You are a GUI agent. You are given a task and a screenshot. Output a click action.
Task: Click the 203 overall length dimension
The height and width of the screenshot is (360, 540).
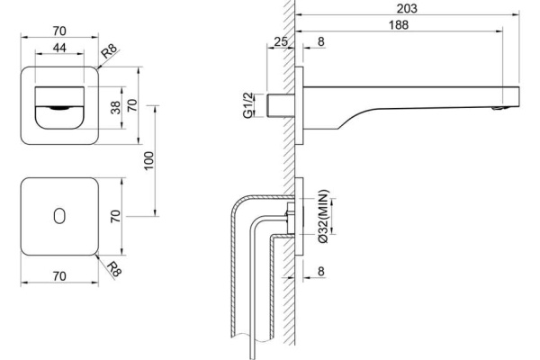click(407, 8)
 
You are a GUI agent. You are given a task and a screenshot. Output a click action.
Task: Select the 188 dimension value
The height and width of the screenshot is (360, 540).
click(399, 25)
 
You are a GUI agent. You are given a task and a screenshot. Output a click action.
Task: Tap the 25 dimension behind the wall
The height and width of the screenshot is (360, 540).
click(280, 41)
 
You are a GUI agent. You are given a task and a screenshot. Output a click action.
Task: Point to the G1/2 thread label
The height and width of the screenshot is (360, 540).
click(248, 105)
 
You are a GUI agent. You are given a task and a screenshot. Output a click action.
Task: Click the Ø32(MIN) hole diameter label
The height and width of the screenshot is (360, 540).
click(324, 217)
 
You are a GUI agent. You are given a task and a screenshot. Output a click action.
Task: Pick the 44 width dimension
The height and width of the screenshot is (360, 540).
click(59, 48)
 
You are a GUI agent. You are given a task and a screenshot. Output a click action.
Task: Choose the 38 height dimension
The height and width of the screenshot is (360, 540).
click(116, 107)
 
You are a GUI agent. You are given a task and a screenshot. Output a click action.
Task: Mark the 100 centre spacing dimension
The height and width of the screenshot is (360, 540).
click(148, 160)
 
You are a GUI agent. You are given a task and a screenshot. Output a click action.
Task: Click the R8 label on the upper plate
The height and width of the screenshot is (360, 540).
click(110, 51)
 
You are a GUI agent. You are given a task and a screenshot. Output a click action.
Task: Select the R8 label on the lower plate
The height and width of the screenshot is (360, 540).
click(114, 269)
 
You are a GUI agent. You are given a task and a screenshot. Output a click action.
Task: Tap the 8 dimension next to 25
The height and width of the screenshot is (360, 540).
click(321, 41)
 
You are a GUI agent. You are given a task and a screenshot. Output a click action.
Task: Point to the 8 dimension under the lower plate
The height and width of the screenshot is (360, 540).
click(321, 272)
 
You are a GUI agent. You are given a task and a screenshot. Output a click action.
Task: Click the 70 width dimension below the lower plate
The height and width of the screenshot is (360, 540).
click(59, 276)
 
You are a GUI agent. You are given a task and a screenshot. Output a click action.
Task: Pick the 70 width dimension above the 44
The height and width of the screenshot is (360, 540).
click(59, 31)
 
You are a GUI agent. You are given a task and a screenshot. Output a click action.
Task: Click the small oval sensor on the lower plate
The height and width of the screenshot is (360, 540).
click(59, 216)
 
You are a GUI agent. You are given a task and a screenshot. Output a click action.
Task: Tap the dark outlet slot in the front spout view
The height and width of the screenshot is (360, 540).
click(60, 108)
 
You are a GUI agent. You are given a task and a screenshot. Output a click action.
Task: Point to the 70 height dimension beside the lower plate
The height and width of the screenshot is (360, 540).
click(116, 216)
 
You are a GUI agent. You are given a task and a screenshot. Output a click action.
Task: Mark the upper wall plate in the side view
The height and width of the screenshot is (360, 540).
click(300, 105)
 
